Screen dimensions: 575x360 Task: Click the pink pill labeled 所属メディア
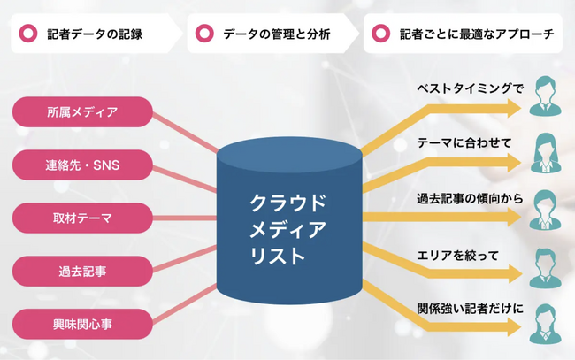click(82, 111)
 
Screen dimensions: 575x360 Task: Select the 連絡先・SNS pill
click(82, 165)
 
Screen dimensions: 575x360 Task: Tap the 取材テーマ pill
click(82, 218)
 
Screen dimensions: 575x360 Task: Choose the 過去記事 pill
click(82, 272)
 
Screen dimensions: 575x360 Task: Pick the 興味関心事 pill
click(82, 324)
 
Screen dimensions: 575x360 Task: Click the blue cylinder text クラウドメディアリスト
click(287, 229)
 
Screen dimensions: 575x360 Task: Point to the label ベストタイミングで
click(470, 88)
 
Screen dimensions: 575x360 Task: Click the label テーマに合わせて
click(464, 142)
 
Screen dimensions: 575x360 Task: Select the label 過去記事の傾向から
click(470, 199)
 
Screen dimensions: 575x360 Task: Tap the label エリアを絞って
click(457, 255)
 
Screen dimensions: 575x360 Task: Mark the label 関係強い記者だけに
click(470, 309)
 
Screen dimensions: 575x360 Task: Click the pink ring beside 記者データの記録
click(28, 34)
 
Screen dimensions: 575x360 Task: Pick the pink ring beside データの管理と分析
click(204, 34)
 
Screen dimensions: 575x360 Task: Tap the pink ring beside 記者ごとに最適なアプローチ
click(380, 34)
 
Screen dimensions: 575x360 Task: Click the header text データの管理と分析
click(277, 34)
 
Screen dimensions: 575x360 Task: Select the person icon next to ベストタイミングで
click(545, 96)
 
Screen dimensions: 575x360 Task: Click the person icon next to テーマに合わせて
click(545, 152)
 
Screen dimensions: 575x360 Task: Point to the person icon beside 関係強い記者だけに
click(545, 324)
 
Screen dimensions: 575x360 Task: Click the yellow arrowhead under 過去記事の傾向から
click(514, 217)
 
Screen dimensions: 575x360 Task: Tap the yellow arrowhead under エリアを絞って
click(514, 273)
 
